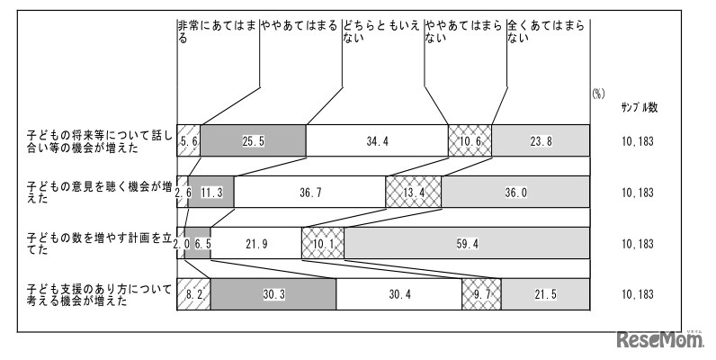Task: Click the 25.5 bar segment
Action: point(253,140)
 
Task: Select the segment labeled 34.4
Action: point(377,140)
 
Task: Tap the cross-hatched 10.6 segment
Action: point(470,140)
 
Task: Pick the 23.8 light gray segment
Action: point(541,140)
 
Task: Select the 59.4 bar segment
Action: point(467,243)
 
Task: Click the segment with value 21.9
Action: point(255,243)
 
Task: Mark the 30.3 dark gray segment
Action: point(273,293)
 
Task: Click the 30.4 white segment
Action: point(398,293)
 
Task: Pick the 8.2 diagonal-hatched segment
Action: point(194,293)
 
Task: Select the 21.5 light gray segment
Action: point(545,293)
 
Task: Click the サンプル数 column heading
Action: point(639,107)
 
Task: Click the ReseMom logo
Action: point(658,341)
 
